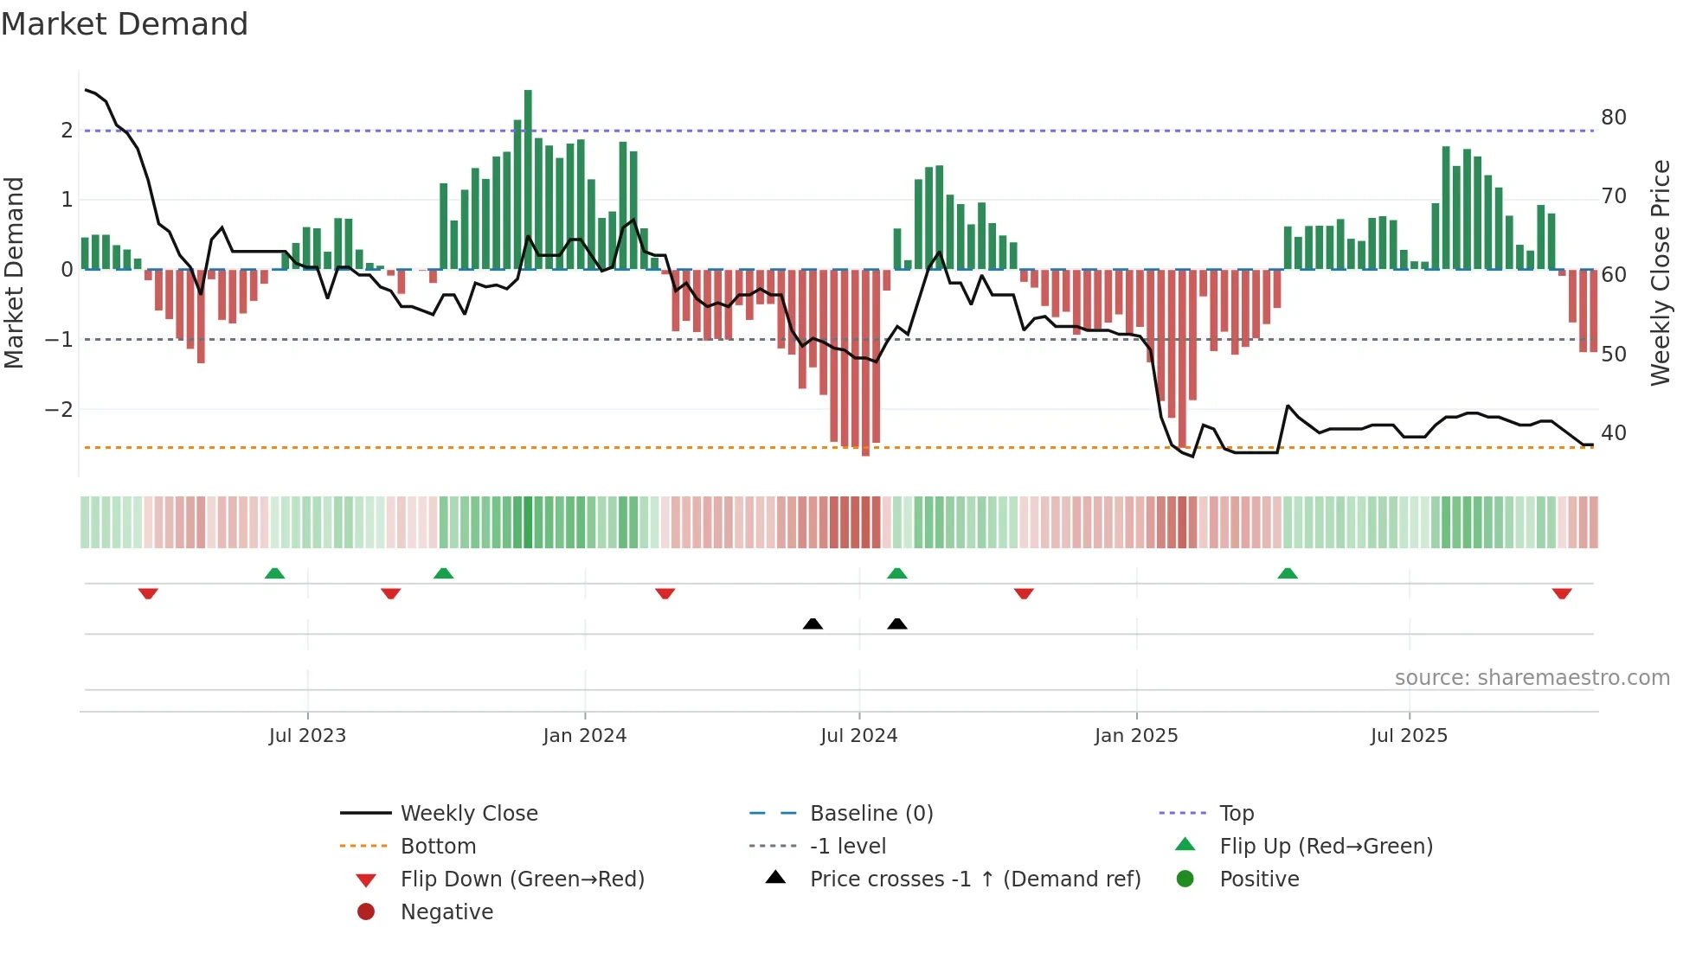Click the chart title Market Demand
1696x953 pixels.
(125, 24)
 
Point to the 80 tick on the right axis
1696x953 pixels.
(1613, 118)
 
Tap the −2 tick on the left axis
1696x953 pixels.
(59, 409)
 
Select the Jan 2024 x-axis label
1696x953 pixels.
(584, 736)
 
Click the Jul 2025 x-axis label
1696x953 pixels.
(1408, 736)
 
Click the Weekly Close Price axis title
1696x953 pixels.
(1660, 272)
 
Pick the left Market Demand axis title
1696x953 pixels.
(14, 272)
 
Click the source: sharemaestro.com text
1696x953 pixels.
(1532, 678)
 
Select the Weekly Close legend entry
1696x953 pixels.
(468, 814)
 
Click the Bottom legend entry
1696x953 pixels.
(438, 847)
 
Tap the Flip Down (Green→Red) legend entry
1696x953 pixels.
(522, 879)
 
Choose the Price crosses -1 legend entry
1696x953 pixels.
(974, 879)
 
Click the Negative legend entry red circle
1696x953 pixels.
(366, 912)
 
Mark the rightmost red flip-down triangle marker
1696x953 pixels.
(1561, 593)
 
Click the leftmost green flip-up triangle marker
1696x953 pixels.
(274, 573)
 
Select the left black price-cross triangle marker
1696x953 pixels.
(813, 624)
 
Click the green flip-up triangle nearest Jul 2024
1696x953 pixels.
(897, 573)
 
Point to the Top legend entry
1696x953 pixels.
(1236, 814)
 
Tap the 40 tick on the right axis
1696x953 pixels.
(1613, 433)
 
